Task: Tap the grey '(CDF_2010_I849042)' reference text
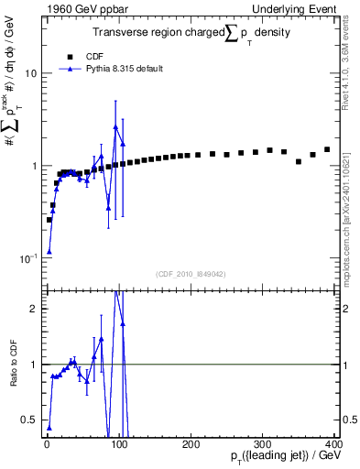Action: tap(191, 273)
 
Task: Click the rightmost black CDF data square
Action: tap(327, 149)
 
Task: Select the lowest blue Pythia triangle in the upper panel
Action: tap(49, 252)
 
